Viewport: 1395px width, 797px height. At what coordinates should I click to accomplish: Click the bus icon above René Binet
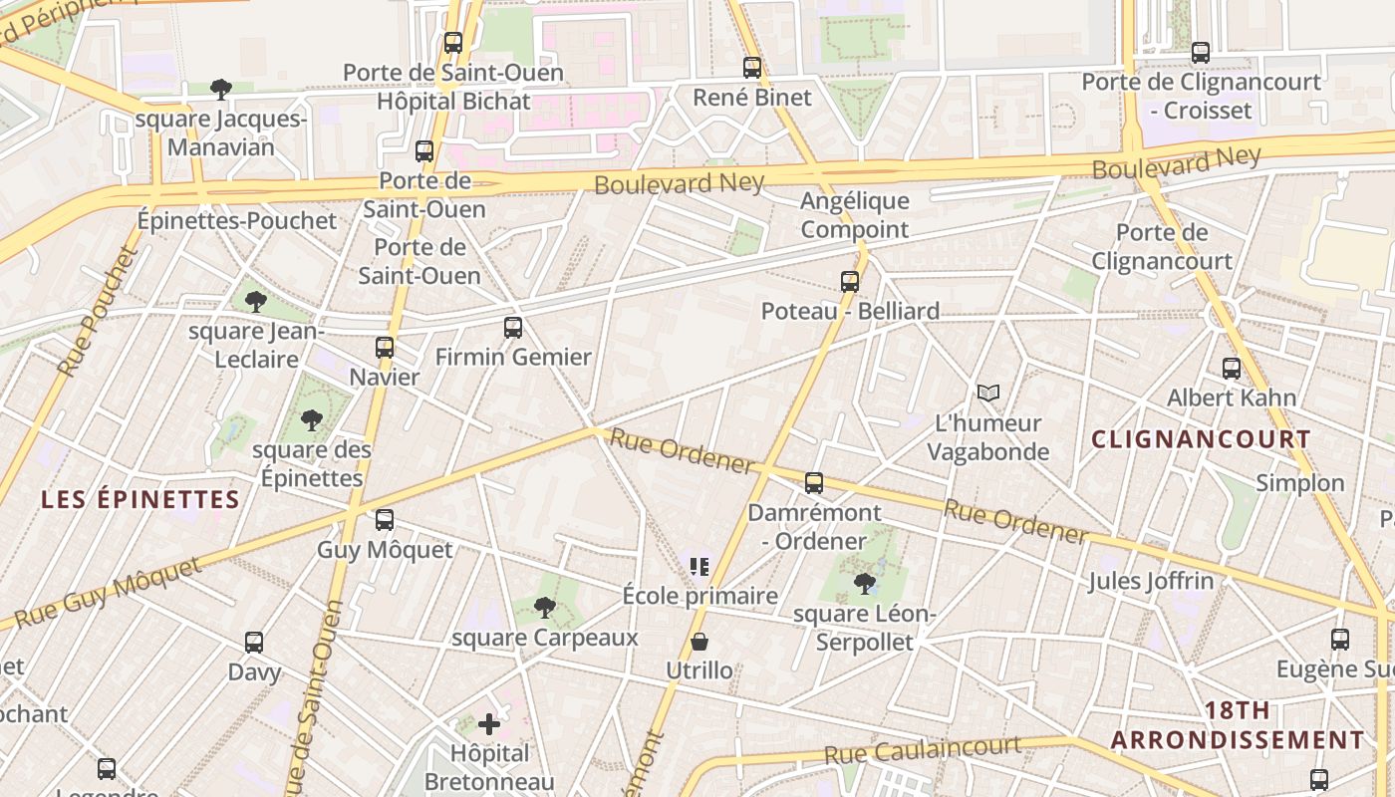pos(752,68)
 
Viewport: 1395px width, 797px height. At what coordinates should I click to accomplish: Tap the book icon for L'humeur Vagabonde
pos(987,394)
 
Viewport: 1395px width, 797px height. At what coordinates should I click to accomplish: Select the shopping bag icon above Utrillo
pos(699,642)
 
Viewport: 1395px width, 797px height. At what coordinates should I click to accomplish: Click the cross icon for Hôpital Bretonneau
pos(489,724)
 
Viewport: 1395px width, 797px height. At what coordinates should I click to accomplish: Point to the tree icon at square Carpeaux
pos(544,607)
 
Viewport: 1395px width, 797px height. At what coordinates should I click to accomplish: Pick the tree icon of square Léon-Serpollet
pos(865,584)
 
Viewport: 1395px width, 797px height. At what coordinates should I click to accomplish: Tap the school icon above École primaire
pos(699,567)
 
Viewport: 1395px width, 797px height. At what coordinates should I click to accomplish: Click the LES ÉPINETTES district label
pos(140,500)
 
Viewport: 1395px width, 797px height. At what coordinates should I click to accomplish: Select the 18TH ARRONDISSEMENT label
pos(1238,725)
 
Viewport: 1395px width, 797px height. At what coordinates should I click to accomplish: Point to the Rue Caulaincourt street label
pos(922,750)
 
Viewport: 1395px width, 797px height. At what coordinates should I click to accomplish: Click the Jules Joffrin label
pos(1151,581)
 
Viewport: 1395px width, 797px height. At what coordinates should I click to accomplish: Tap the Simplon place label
pos(1299,483)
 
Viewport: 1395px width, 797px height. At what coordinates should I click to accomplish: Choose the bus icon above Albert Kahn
pos(1232,369)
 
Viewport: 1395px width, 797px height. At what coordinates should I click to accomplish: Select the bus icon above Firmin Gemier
pos(513,328)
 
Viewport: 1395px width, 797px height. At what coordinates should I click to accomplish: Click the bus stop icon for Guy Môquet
pos(385,520)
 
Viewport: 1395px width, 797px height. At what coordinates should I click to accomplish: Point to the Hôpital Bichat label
pos(453,102)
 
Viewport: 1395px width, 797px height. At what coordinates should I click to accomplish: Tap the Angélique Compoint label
pos(855,215)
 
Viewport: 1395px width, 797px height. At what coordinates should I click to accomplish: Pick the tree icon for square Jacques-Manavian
pos(221,90)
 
